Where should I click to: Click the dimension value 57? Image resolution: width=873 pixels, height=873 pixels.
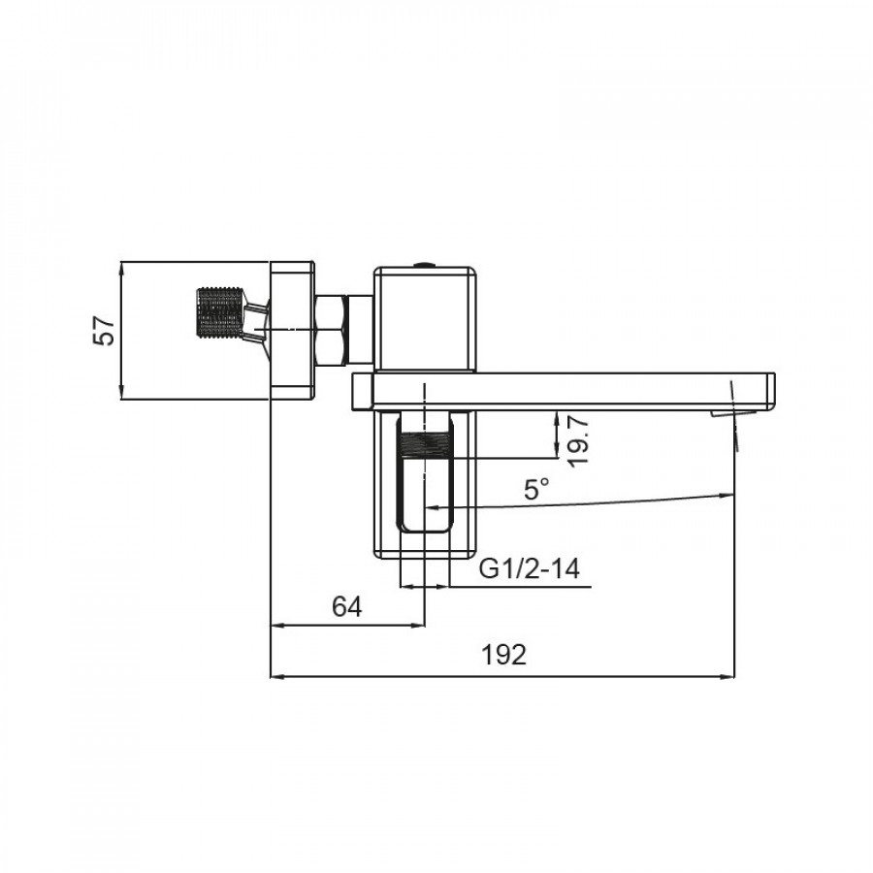[105, 331]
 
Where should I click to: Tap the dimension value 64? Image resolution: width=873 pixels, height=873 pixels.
[347, 606]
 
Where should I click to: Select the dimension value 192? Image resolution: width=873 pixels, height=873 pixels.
[503, 655]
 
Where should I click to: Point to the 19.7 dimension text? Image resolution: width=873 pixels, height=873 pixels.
[578, 442]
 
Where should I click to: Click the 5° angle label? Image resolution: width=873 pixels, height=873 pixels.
[536, 490]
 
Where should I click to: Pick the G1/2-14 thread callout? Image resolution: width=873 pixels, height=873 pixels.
[530, 568]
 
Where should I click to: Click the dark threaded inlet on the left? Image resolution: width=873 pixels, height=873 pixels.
[220, 312]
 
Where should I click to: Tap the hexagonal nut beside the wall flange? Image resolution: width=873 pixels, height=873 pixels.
[332, 331]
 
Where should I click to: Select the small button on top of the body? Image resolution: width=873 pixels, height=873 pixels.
[426, 265]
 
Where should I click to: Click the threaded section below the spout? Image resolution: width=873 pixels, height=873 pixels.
[426, 445]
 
